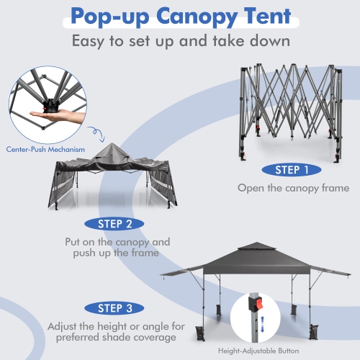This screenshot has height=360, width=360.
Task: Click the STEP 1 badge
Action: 287,171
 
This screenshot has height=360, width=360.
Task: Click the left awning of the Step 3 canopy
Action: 180,276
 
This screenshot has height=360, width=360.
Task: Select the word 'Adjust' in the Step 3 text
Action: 65,326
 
